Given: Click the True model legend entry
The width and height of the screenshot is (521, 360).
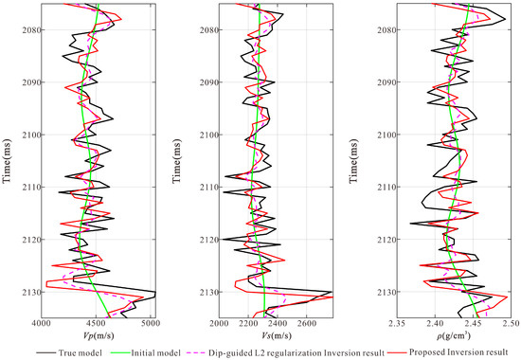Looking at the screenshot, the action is (69, 352).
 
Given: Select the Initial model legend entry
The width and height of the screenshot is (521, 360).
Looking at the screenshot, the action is (145, 352).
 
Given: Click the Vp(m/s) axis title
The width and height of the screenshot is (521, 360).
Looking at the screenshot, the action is (99, 335).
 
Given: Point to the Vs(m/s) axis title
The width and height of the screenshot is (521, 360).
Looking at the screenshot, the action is (276, 335).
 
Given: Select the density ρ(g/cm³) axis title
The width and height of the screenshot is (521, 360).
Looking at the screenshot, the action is (455, 335).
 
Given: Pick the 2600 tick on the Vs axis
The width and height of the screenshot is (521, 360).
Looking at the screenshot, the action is (306, 323).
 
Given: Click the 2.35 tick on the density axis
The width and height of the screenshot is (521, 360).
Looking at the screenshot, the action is (397, 323).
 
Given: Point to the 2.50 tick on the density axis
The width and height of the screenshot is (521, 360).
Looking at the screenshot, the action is (511, 323).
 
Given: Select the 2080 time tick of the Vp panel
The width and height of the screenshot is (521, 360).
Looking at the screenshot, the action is (30, 30).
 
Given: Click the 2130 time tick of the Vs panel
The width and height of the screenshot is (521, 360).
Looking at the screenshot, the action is (208, 292).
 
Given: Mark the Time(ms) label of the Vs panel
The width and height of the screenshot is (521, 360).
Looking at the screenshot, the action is (177, 161).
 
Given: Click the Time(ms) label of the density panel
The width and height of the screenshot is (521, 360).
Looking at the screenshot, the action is (353, 161).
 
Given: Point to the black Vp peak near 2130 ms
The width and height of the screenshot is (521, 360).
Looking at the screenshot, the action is (154, 292).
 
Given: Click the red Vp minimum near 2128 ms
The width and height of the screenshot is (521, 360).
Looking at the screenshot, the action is (46, 283).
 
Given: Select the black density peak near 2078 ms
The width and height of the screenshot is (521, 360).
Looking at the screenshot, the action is (505, 19).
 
